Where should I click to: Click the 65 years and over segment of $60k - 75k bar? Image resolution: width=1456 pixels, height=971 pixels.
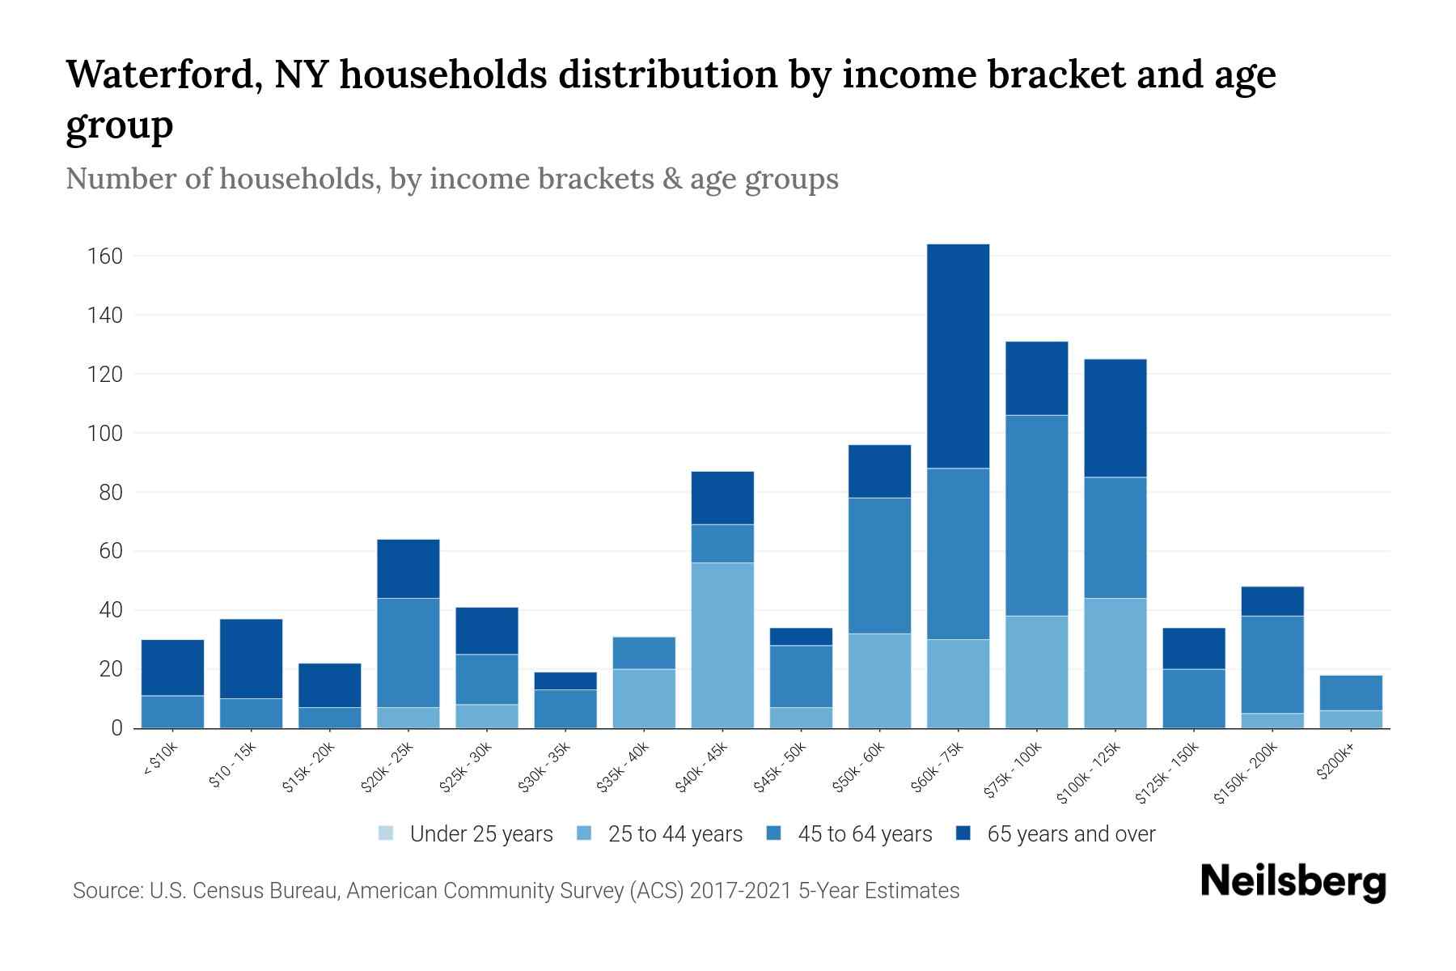point(958,356)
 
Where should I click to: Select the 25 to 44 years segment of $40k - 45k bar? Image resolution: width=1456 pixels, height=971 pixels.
point(722,646)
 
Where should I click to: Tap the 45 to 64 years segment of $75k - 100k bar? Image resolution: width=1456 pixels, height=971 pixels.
point(1036,515)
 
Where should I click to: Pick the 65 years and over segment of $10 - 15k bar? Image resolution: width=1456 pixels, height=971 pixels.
point(251,659)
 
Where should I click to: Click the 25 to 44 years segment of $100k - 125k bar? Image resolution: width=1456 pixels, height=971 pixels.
point(1115,664)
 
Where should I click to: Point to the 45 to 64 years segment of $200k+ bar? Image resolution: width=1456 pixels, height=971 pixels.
point(1350,693)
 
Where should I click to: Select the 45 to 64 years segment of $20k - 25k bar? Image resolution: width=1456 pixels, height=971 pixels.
point(408,653)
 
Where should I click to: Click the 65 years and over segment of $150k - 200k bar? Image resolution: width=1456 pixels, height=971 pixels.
point(1272,601)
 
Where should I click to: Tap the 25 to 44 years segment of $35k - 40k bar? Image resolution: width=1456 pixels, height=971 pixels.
point(644,698)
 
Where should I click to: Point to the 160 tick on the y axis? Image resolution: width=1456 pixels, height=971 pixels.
point(104,257)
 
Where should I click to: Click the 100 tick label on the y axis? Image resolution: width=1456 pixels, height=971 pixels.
point(104,434)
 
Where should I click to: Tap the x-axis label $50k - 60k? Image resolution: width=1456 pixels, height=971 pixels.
point(860,768)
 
